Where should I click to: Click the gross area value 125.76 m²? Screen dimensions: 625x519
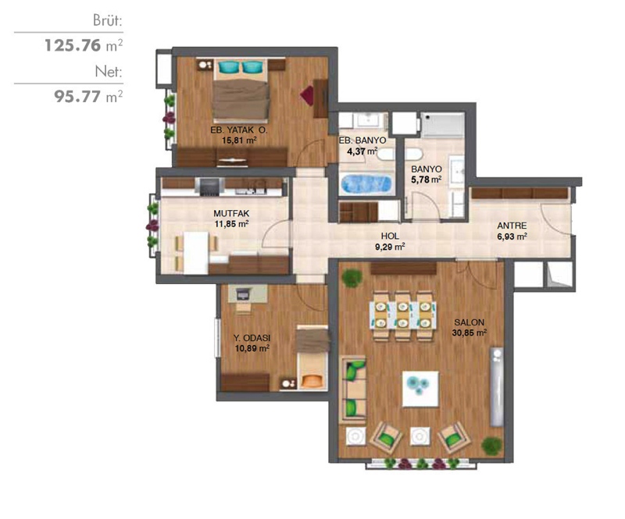tap(84, 45)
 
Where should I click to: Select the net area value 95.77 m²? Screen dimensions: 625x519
tap(88, 97)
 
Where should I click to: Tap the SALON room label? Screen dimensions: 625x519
tap(470, 322)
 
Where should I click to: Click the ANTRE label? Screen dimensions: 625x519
tap(512, 226)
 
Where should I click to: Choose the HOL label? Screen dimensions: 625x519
tap(390, 236)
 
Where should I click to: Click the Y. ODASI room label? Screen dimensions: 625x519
tap(252, 338)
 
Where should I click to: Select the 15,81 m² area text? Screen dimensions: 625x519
tap(239, 140)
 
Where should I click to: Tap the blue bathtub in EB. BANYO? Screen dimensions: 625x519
tap(366, 184)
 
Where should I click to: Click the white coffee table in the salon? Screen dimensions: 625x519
tap(420, 389)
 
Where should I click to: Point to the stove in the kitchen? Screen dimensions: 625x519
tap(209, 187)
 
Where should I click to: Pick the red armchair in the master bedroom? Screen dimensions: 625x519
tap(307, 95)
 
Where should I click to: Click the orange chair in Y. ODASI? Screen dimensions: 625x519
tap(312, 381)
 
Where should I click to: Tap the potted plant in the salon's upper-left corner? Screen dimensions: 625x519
tap(352, 278)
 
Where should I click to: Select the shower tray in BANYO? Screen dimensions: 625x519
tap(443, 125)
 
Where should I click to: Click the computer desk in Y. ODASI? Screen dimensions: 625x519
tap(248, 295)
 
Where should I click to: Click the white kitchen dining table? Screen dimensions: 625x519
tap(196, 253)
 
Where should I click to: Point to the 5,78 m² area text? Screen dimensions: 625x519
tap(426, 180)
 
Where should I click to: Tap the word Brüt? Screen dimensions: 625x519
tap(108, 20)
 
